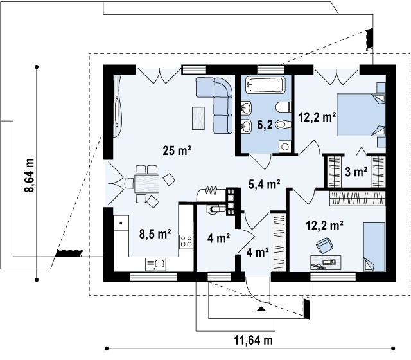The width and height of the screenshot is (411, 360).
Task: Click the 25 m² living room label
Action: [177, 150]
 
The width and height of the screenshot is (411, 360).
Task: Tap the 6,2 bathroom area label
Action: [265, 125]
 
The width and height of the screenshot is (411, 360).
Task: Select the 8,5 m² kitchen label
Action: [155, 234]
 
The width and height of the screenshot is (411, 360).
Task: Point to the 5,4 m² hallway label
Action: [264, 184]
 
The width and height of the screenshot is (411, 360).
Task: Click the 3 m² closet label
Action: [356, 172]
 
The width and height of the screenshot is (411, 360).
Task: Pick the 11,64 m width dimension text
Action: [253, 340]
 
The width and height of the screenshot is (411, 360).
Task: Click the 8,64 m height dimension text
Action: [30, 175]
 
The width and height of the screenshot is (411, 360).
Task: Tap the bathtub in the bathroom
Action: [265, 85]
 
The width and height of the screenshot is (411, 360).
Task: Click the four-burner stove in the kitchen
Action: [186, 242]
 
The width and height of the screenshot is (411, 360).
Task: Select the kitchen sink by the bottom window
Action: [155, 264]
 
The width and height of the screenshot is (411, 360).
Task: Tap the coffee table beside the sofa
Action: [198, 118]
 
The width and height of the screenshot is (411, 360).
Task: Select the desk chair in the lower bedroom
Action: [324, 246]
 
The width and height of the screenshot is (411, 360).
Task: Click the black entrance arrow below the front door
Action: [261, 309]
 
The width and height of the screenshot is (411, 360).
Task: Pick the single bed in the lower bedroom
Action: [374, 247]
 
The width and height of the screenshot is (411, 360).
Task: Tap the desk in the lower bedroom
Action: [326, 263]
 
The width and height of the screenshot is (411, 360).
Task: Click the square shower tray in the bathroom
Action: [285, 147]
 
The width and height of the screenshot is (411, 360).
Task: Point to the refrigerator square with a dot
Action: [121, 223]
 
